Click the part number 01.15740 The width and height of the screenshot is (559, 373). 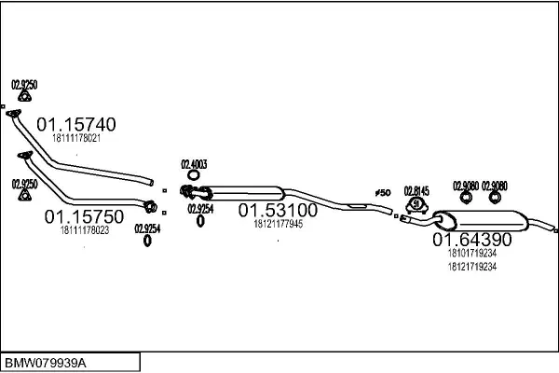(x=75, y=125)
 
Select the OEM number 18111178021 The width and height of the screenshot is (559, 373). (x=75, y=138)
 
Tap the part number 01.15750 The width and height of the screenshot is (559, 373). (x=81, y=216)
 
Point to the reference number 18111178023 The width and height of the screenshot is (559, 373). (x=84, y=229)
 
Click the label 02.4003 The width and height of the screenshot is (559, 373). (x=193, y=164)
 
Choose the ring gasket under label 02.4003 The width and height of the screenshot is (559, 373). (x=193, y=174)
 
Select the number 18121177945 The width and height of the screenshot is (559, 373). (x=278, y=224)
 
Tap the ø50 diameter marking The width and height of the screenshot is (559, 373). (x=382, y=192)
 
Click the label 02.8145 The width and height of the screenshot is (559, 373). (x=416, y=191)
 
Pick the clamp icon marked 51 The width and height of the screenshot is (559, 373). (x=416, y=204)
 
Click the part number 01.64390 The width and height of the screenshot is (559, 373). (x=470, y=240)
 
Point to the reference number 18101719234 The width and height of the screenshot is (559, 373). (x=472, y=253)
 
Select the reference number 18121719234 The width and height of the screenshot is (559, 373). (x=472, y=266)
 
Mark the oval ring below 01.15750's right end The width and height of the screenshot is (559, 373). (x=147, y=241)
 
